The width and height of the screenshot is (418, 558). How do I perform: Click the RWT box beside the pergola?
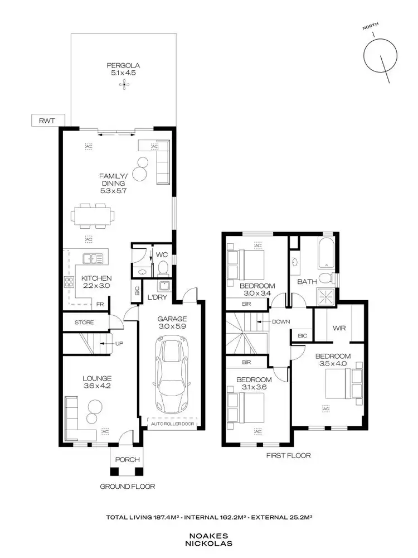coord(48,120)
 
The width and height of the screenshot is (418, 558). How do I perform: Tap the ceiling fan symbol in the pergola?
coord(123,85)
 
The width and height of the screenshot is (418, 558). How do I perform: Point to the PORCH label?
coord(125,460)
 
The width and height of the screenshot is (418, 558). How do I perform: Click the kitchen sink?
coord(91,258)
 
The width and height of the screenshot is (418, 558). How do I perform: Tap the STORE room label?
coord(84,323)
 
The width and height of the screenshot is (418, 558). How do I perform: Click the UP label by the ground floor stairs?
coord(119,343)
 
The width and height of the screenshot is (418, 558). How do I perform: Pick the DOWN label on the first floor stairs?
coord(281,322)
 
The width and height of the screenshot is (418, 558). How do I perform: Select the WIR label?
coord(339,328)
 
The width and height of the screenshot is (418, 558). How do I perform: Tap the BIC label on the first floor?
coord(303,336)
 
